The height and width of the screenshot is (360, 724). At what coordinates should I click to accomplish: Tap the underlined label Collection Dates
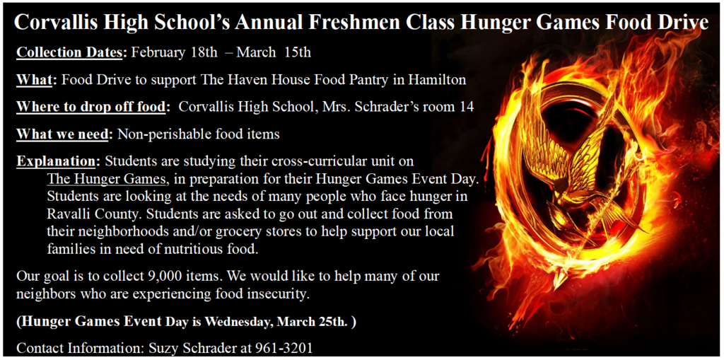click(71, 52)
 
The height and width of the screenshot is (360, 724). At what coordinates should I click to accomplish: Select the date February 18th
click(175, 52)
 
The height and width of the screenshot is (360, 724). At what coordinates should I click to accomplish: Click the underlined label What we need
click(64, 134)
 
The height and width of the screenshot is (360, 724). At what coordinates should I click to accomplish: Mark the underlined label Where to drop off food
click(93, 107)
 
